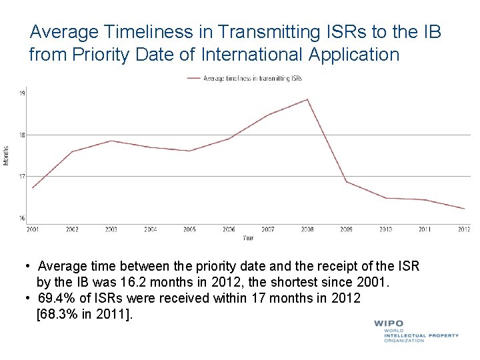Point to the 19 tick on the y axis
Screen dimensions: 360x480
click(22, 93)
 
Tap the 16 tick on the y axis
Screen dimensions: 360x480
click(22, 218)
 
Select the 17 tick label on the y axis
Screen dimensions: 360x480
click(22, 177)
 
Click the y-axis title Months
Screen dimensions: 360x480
click(7, 156)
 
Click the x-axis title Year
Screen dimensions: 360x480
click(248, 237)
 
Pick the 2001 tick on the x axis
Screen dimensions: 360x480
click(33, 229)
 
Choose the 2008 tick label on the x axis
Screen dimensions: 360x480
click(307, 229)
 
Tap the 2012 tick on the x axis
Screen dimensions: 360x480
click(464, 229)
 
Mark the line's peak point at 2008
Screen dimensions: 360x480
click(307, 100)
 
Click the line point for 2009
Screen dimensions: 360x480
click(346, 181)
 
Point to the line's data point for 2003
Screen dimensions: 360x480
click(111, 141)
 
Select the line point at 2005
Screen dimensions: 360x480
click(189, 151)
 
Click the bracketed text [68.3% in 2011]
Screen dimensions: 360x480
click(84, 314)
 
